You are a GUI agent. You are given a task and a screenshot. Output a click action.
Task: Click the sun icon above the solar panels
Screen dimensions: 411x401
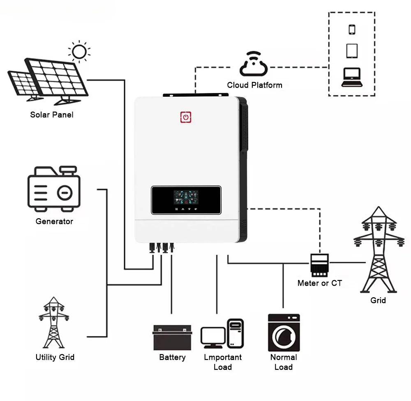[x=79, y=51]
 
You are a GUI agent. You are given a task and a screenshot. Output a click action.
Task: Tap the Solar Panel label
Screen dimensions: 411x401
[x=52, y=115]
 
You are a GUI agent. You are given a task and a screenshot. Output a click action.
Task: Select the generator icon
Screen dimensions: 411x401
[x=54, y=189]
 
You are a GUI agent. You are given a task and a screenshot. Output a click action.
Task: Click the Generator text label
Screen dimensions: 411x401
[x=54, y=221]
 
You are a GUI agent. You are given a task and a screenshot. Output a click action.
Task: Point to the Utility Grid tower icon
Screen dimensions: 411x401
[x=54, y=322]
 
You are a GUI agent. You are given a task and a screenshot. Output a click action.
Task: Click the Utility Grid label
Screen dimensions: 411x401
[x=55, y=357]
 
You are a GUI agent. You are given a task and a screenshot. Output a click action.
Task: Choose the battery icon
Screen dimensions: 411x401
[x=172, y=338]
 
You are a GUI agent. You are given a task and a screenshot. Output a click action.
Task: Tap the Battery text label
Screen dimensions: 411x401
[x=173, y=357]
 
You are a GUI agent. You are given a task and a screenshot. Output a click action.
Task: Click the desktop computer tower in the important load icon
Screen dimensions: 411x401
[x=236, y=333]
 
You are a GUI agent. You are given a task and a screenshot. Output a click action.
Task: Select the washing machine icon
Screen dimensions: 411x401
[x=284, y=333]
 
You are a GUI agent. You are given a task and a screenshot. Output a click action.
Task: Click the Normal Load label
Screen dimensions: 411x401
[x=284, y=362]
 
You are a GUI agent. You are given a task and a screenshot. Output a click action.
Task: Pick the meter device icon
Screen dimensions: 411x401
[x=319, y=265]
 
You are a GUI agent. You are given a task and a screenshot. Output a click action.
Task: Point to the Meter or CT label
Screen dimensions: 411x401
[x=320, y=283]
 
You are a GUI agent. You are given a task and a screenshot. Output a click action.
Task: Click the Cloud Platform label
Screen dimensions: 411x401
[x=254, y=85]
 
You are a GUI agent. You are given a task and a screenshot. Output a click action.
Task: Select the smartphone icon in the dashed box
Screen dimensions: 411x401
[x=352, y=29]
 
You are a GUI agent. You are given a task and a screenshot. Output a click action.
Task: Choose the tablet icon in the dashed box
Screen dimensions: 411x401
[x=352, y=51]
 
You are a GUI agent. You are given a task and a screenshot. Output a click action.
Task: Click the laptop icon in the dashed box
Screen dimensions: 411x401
[x=352, y=77]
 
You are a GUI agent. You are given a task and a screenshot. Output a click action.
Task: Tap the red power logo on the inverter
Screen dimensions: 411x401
[x=186, y=117]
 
